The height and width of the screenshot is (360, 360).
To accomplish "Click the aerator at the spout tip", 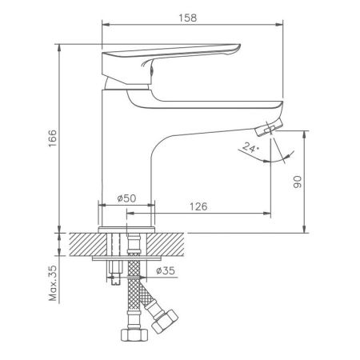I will tap(270, 126).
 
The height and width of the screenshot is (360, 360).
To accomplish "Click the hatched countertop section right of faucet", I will tap(172, 243).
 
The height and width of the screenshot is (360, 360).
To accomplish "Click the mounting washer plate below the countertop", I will tap(128, 261).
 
